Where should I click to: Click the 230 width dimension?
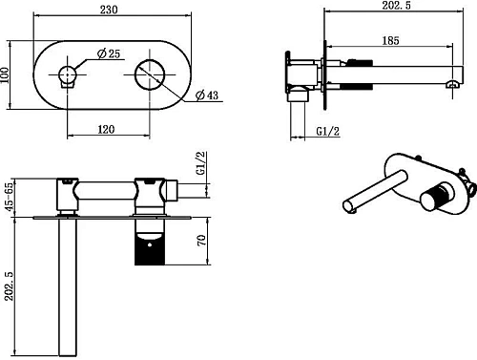click(109, 10)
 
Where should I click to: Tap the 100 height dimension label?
click(5, 75)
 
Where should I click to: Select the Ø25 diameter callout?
click(109, 53)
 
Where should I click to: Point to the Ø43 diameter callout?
click(207, 95)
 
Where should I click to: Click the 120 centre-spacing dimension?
click(106, 129)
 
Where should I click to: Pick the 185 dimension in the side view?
click(390, 40)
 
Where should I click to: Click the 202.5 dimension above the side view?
click(396, 5)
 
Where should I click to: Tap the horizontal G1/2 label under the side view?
click(328, 131)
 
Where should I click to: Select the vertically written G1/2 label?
click(201, 163)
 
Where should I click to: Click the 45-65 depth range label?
click(10, 197)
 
